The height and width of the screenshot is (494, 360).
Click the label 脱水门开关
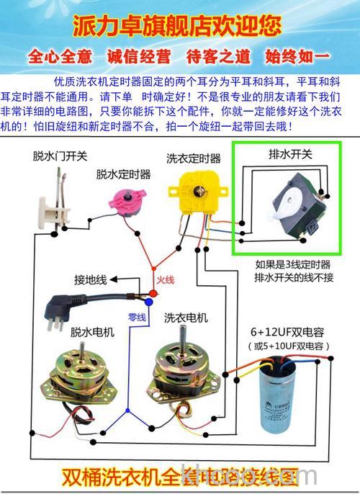click(x=59, y=156)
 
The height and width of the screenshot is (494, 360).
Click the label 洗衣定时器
click(x=194, y=157)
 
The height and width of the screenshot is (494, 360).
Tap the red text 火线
click(x=165, y=279)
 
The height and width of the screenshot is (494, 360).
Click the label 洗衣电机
click(x=186, y=317)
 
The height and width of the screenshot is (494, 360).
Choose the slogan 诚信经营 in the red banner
click(x=137, y=56)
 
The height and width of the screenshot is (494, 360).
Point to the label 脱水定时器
click(x=123, y=174)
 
